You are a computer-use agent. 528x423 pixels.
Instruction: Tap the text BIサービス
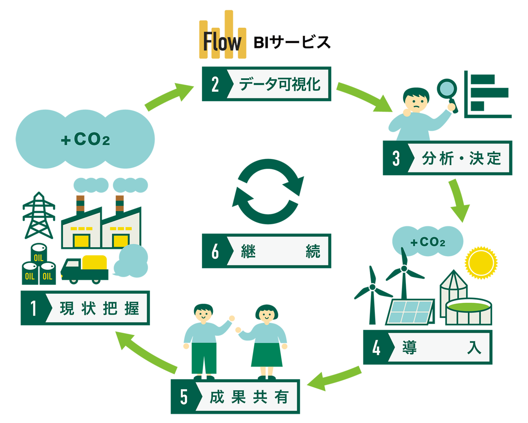(x=292, y=42)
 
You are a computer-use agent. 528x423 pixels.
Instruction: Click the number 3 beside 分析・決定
(x=396, y=158)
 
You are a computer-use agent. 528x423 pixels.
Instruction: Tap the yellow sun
(x=481, y=262)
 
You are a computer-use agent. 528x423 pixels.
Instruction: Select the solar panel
(x=410, y=312)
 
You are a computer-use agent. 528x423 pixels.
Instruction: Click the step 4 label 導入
(x=440, y=347)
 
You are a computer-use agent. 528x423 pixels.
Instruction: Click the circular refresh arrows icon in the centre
(x=268, y=191)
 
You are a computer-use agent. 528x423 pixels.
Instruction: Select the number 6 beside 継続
(x=215, y=251)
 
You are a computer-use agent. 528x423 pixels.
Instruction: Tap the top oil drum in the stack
(x=38, y=253)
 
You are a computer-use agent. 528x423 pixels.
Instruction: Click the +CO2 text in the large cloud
(x=85, y=140)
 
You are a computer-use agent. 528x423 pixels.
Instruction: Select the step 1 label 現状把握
(x=99, y=308)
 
